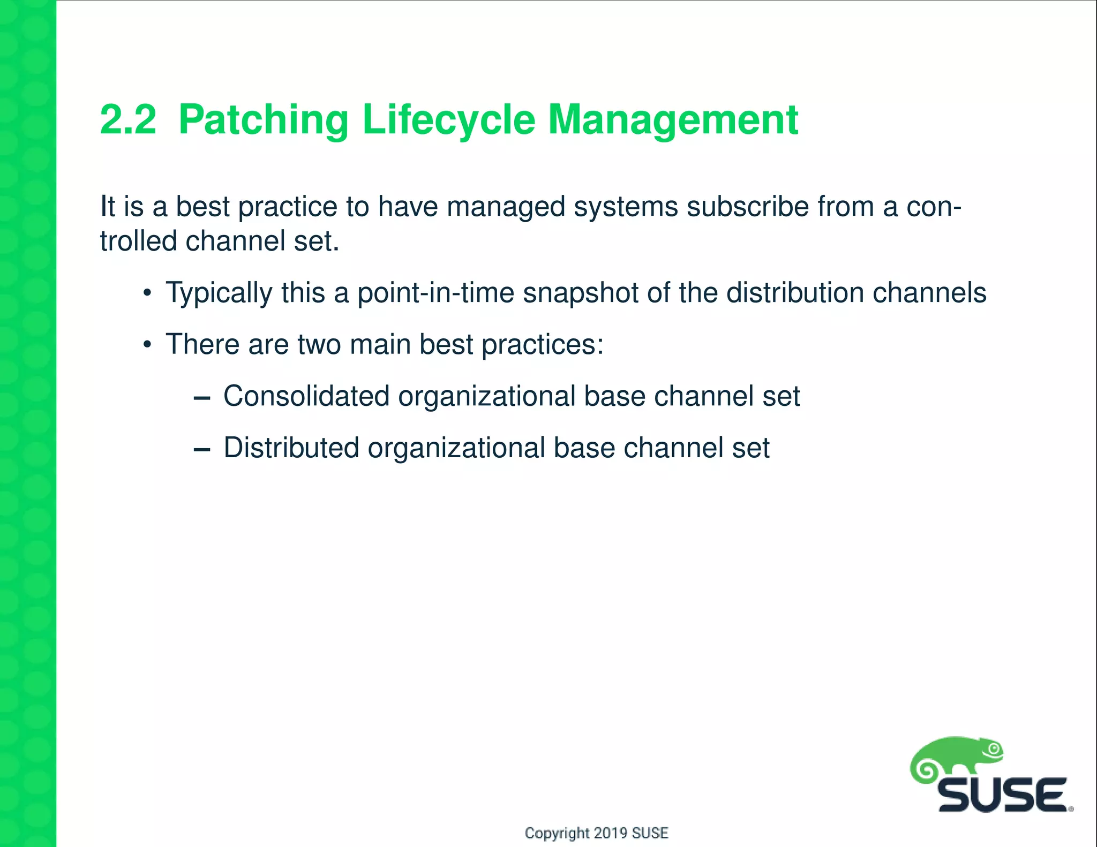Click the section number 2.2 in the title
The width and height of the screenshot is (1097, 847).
(128, 119)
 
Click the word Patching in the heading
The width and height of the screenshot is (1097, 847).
(263, 120)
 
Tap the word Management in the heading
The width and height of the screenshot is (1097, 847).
(673, 120)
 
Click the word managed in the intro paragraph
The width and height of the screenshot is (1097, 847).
(506, 208)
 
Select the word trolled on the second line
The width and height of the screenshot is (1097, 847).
(138, 241)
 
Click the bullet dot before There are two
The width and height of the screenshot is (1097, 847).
(147, 345)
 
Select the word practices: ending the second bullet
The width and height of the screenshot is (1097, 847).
(542, 345)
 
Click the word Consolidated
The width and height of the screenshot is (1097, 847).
(306, 396)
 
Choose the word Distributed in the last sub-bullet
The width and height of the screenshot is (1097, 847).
(291, 448)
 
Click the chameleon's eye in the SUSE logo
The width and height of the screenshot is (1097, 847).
(994, 749)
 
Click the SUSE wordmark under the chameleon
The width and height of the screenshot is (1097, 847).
(1002, 795)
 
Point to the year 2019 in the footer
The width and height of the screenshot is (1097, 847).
(611, 833)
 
